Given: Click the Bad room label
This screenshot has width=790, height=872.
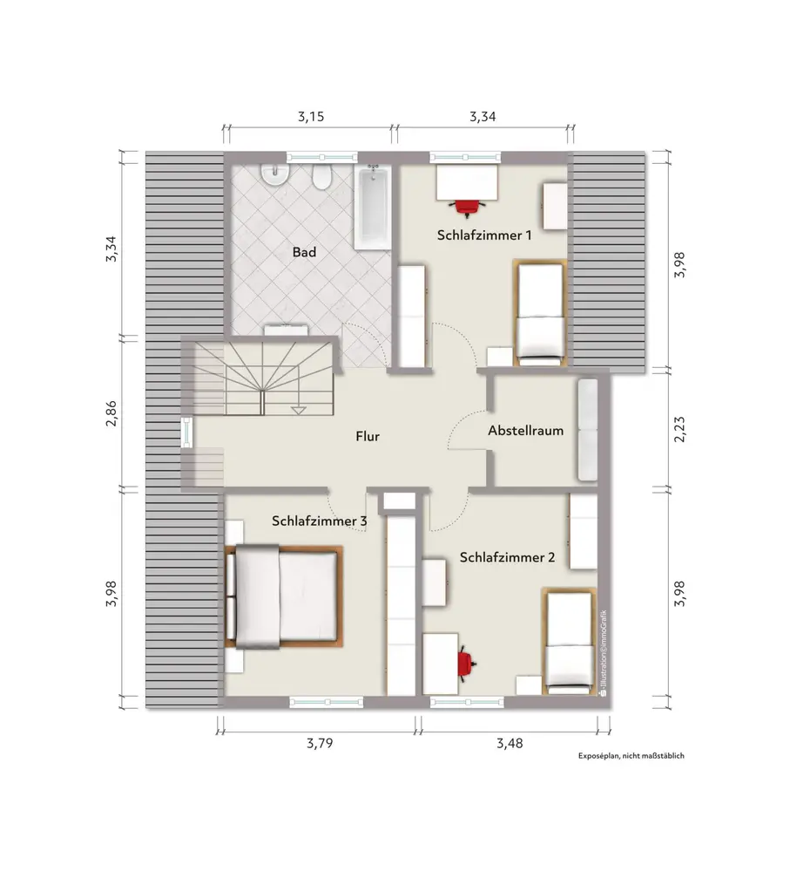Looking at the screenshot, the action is point(304,252).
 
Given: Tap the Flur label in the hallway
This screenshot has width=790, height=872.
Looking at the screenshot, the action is point(368,437).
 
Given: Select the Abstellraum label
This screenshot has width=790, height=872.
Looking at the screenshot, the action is point(525,431).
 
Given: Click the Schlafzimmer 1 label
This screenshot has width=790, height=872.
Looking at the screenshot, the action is point(484,235).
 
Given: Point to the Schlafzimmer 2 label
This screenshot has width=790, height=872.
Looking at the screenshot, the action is point(507,557).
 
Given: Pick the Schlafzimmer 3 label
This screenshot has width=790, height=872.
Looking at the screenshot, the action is point(319,521).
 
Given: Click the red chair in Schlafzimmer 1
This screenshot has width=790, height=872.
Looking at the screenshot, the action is point(467,207).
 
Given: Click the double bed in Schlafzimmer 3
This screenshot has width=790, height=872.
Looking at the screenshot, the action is point(283,596).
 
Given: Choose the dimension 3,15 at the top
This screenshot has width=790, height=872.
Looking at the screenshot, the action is point(311,117).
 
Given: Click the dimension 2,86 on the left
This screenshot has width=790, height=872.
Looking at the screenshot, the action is point(111,413).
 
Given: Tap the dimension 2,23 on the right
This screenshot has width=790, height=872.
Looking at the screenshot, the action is point(679,429).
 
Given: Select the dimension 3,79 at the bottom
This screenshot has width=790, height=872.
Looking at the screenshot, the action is point(320,743).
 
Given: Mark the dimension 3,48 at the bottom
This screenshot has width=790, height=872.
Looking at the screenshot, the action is point(510,743).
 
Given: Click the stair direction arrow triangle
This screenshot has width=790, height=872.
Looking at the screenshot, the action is point(299,411).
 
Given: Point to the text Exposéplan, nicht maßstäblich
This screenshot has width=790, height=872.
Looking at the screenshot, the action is point(631,756).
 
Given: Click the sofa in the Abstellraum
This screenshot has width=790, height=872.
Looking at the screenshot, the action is point(588,429).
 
